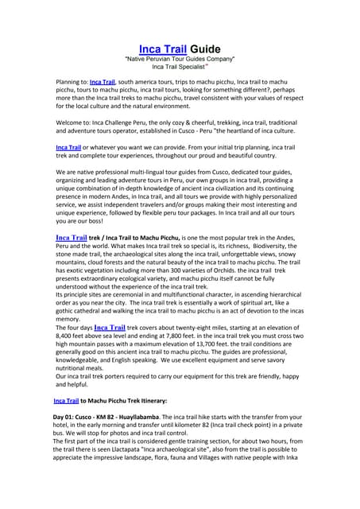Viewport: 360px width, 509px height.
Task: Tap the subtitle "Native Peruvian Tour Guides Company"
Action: point(180,60)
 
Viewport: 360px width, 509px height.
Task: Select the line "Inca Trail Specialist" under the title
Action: point(179,68)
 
